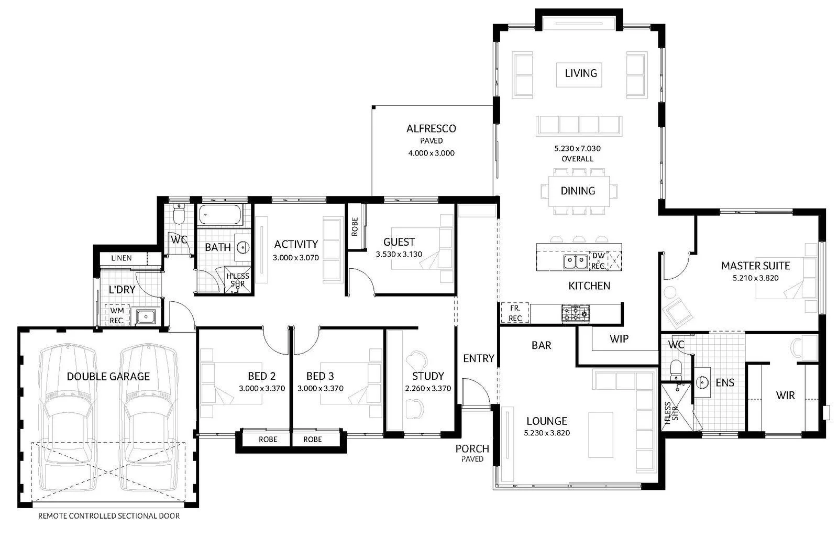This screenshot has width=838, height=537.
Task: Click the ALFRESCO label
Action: click(x=431, y=128)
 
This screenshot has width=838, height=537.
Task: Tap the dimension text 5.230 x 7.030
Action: click(x=577, y=148)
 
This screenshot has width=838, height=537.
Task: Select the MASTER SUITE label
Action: click(x=755, y=266)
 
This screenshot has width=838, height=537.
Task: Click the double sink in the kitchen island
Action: click(x=575, y=261)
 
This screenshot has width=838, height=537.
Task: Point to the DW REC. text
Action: click(x=598, y=261)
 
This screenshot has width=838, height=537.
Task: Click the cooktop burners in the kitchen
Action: click(x=575, y=313)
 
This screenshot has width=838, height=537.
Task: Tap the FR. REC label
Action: click(x=515, y=313)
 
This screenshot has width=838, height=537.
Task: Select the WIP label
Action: click(x=619, y=338)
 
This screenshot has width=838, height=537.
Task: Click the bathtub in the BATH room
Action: click(x=220, y=215)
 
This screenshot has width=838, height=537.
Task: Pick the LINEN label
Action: click(x=121, y=258)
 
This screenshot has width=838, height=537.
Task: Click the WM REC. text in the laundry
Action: click(x=117, y=315)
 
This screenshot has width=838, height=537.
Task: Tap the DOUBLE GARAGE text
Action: click(x=108, y=376)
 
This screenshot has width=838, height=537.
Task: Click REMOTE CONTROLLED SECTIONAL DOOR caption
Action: click(x=109, y=516)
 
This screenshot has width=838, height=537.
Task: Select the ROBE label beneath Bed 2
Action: click(x=268, y=439)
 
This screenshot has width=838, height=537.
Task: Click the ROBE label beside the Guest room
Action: click(x=355, y=226)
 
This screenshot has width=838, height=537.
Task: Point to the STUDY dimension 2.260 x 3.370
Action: click(x=428, y=388)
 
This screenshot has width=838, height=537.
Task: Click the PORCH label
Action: click(x=472, y=448)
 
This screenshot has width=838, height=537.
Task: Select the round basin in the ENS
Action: click(x=702, y=382)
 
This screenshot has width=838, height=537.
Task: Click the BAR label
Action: click(x=541, y=345)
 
